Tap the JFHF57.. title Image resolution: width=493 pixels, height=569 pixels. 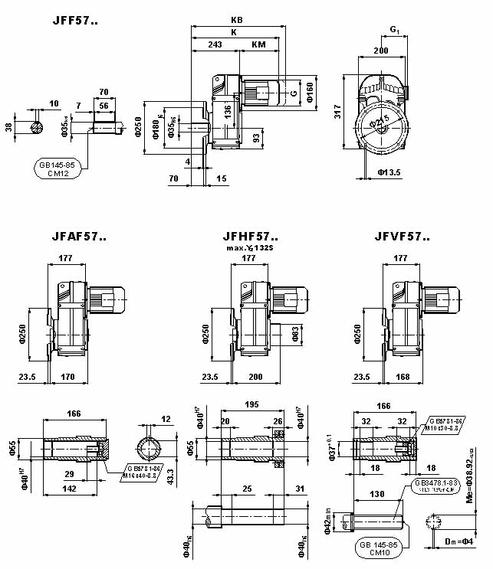click(x=249, y=237)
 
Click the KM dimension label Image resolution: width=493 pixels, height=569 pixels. click(x=259, y=45)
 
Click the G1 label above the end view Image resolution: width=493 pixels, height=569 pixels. click(x=394, y=30)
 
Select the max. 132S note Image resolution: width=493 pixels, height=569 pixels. click(x=250, y=249)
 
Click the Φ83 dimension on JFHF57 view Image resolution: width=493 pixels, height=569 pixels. click(x=295, y=333)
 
